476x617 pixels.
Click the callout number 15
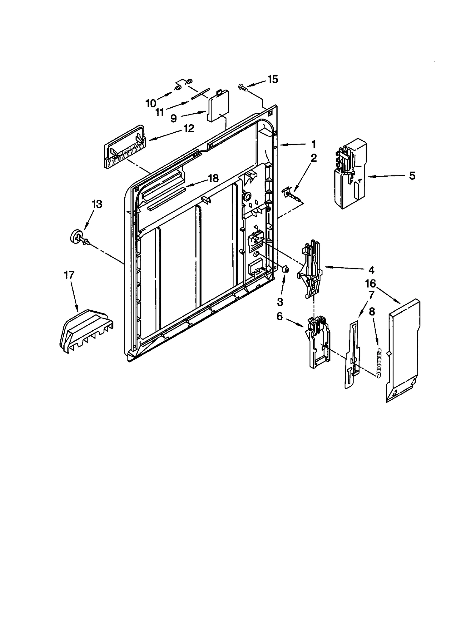coord(273,79)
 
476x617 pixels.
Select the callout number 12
coord(188,128)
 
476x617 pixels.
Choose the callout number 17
coord(69,275)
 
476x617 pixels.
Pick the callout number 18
coord(213,178)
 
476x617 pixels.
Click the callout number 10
coord(151,103)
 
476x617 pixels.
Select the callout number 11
coord(159,112)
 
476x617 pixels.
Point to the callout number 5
coord(412,176)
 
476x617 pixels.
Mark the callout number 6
coord(279,317)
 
